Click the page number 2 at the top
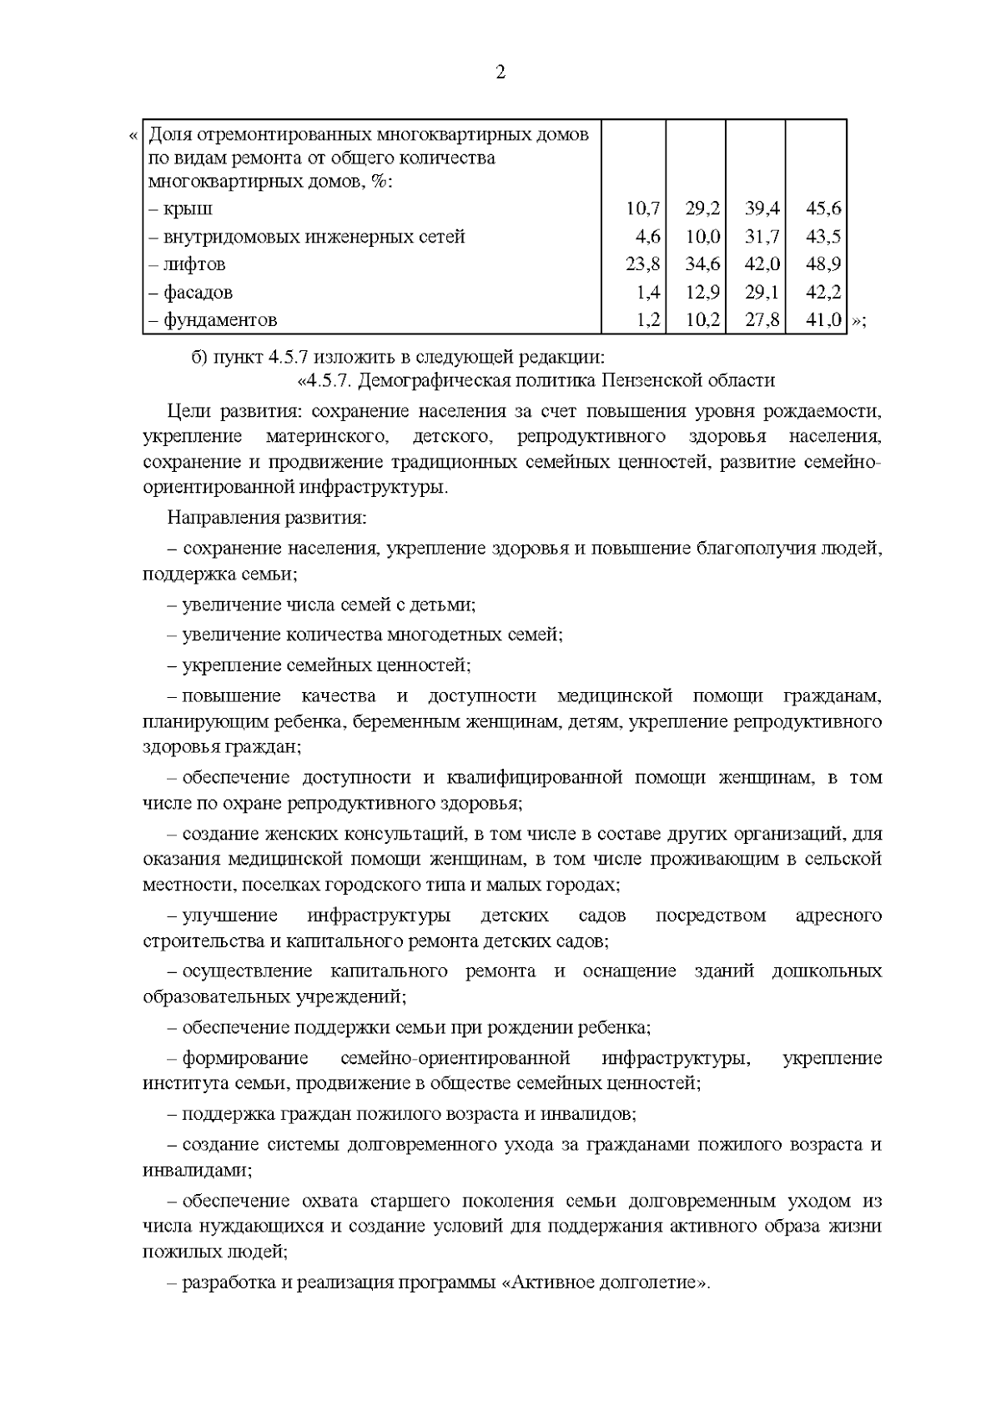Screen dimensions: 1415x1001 [500, 73]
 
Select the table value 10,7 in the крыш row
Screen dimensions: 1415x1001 [642, 208]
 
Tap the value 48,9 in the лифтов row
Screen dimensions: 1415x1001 [822, 264]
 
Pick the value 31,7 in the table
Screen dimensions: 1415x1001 [762, 237]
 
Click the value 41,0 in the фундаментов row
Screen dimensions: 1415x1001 [822, 320]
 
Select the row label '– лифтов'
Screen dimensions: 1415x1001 [188, 264]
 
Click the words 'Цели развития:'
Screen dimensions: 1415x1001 [222, 411]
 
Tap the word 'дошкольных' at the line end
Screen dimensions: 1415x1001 [827, 971]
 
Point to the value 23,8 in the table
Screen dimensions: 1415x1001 [642, 264]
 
